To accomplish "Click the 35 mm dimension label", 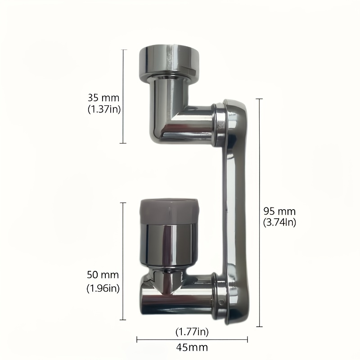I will pyautogui.click(x=104, y=97).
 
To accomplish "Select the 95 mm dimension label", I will pyautogui.click(x=279, y=211).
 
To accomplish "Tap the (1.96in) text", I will pyautogui.click(x=103, y=288).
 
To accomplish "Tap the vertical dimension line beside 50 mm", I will pyautogui.click(x=124, y=261).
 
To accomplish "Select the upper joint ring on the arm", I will pyautogui.click(x=219, y=124).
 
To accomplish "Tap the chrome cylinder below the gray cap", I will pyautogui.click(x=167, y=245).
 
